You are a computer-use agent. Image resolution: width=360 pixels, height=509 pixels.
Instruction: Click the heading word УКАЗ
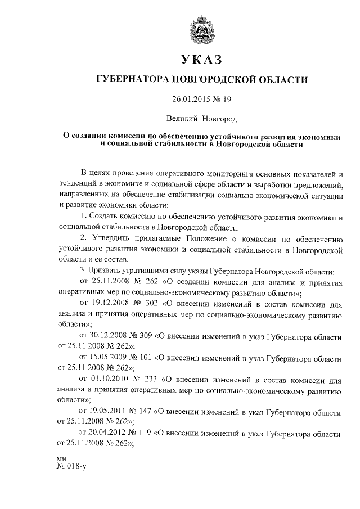point(202,60)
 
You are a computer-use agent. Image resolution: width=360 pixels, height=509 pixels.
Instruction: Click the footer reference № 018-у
point(70,466)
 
